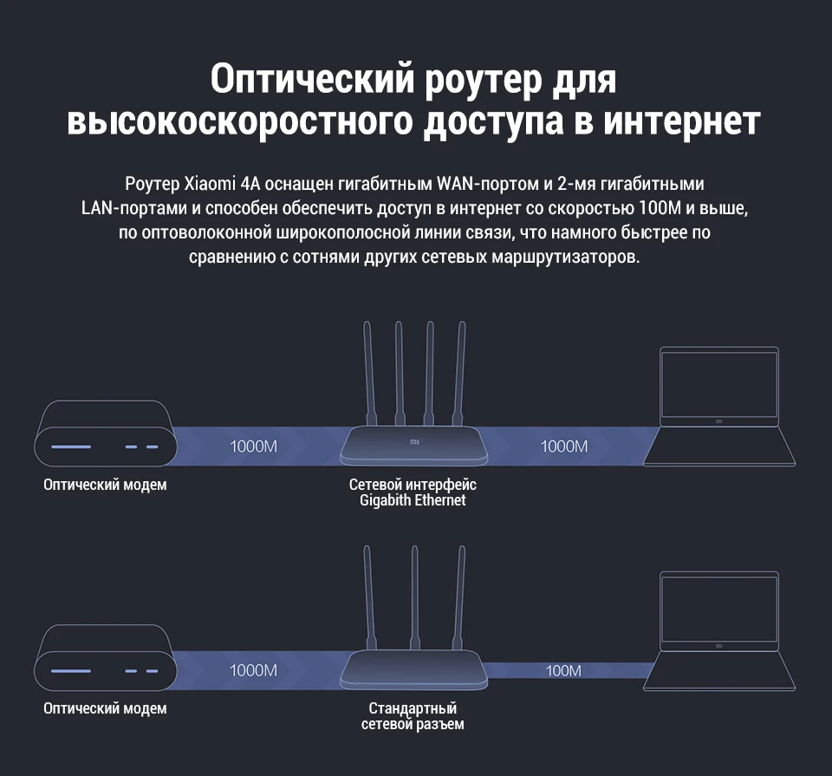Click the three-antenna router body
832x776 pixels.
click(413, 669)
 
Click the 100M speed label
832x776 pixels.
click(563, 670)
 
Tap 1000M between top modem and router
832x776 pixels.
click(253, 447)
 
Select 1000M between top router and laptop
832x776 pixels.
click(564, 447)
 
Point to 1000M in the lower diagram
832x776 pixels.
click(253, 670)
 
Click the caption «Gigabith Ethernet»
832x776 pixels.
click(413, 501)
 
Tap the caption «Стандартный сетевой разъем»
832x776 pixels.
click(413, 716)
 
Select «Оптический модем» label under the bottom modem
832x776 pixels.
click(105, 708)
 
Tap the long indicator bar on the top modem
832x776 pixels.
click(71, 447)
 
